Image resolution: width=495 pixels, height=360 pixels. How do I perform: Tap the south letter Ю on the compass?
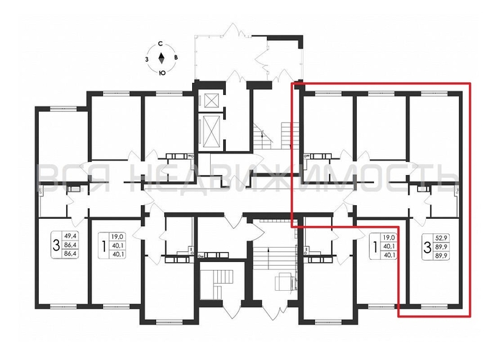163,73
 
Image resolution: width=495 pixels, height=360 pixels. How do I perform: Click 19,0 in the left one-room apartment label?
117,235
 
